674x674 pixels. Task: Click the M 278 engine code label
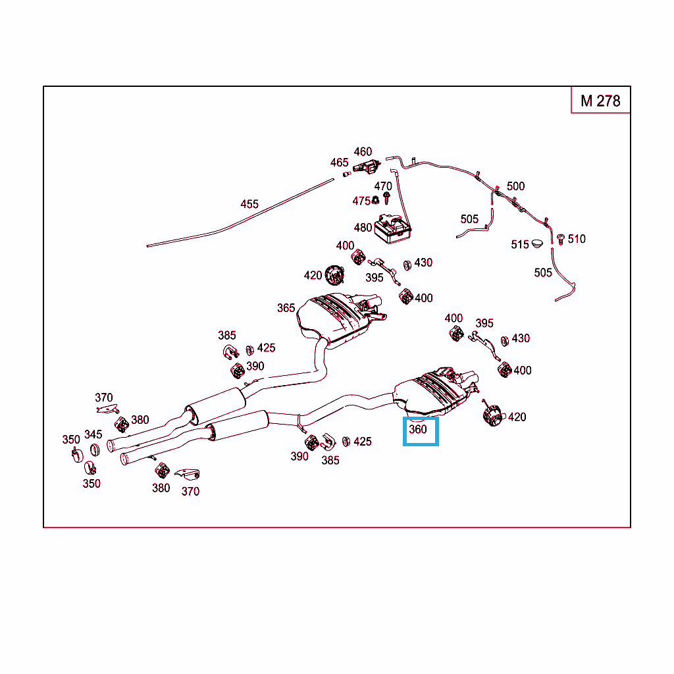[600, 101]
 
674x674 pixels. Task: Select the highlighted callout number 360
[418, 429]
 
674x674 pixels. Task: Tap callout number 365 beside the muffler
[286, 308]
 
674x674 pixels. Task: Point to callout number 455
[249, 204]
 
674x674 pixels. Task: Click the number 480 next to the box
[363, 227]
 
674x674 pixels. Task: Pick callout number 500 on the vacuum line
[515, 186]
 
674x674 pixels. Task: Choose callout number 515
[520, 245]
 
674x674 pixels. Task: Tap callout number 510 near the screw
[577, 239]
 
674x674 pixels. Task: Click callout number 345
[93, 434]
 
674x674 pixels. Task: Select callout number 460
[363, 152]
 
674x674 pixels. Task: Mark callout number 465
[339, 163]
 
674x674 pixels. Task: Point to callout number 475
[361, 201]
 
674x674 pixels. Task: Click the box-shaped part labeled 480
[392, 228]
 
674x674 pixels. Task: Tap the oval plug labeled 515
[537, 244]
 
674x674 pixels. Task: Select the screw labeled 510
[561, 240]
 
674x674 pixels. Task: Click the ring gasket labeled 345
[95, 450]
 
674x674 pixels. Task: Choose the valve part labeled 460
[367, 167]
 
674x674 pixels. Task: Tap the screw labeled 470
[386, 198]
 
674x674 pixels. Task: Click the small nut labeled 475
[375, 200]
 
